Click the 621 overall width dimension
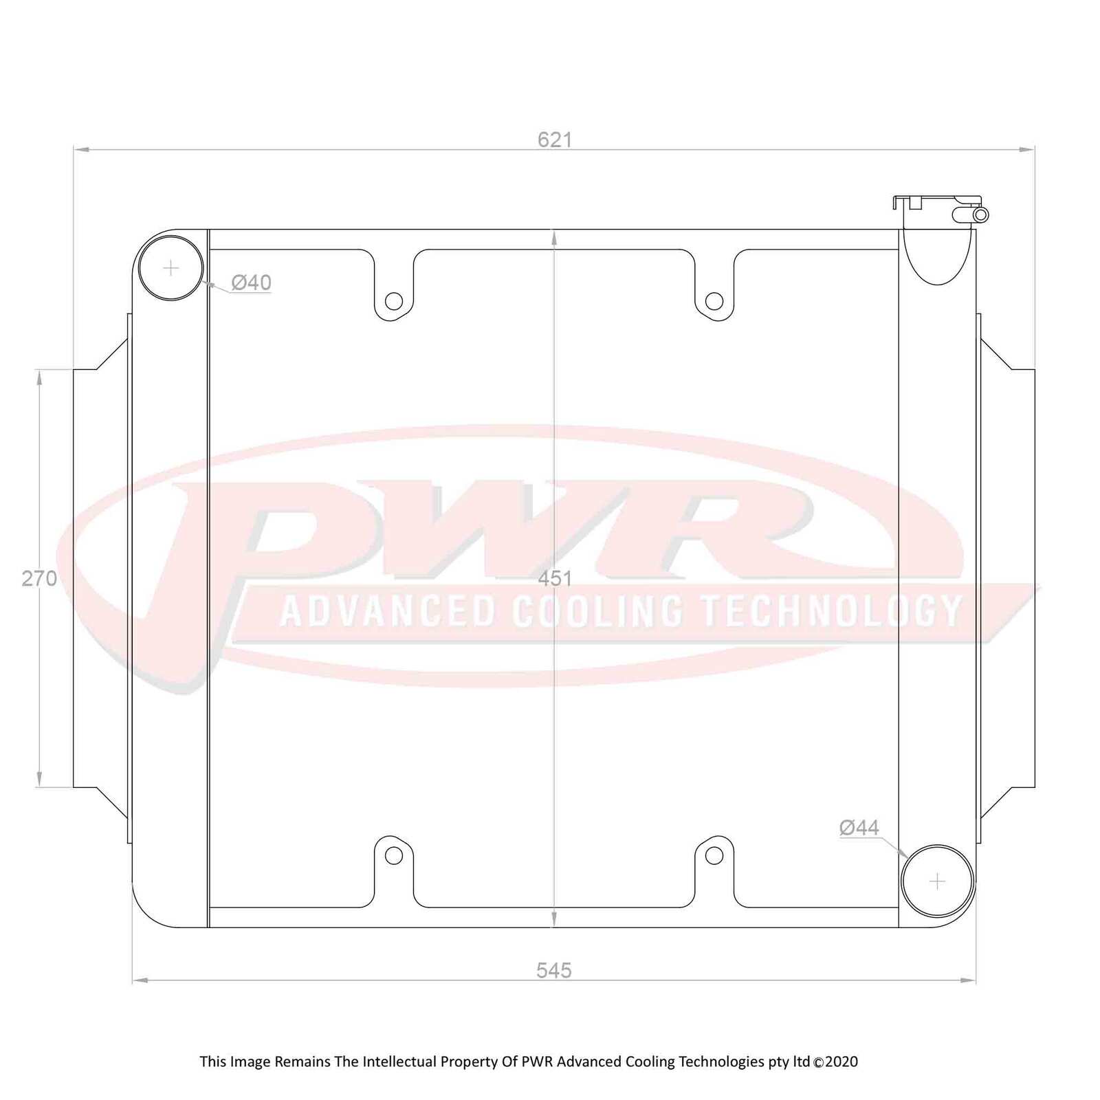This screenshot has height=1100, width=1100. pyautogui.click(x=554, y=140)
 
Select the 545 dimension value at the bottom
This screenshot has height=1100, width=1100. pyautogui.click(x=553, y=970)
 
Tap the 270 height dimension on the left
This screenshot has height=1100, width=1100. pyautogui.click(x=39, y=578)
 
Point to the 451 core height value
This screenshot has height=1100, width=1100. pyautogui.click(x=554, y=578)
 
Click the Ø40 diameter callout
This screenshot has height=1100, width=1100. pyautogui.click(x=251, y=283)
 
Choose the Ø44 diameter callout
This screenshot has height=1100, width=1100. pyautogui.click(x=859, y=828)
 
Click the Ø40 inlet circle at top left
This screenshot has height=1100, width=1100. pyautogui.click(x=170, y=267)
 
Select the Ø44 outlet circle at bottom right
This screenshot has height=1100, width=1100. pyautogui.click(x=937, y=881)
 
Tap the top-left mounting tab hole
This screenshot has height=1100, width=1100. pyautogui.click(x=393, y=300)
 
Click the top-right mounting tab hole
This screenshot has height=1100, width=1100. pyautogui.click(x=714, y=300)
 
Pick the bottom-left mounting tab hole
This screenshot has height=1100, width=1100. pyautogui.click(x=393, y=855)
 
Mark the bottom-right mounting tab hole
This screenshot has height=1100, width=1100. pyautogui.click(x=714, y=855)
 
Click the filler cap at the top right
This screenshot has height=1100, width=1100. pyautogui.click(x=935, y=201)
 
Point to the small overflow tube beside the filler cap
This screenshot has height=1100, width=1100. pyautogui.click(x=980, y=215)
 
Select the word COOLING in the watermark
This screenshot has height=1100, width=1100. pyautogui.click(x=598, y=610)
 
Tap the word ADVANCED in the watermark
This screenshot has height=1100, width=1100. pyautogui.click(x=388, y=610)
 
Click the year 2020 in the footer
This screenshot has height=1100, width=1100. pyautogui.click(x=841, y=1061)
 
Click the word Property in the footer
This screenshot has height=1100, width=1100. pyautogui.click(x=469, y=1061)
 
